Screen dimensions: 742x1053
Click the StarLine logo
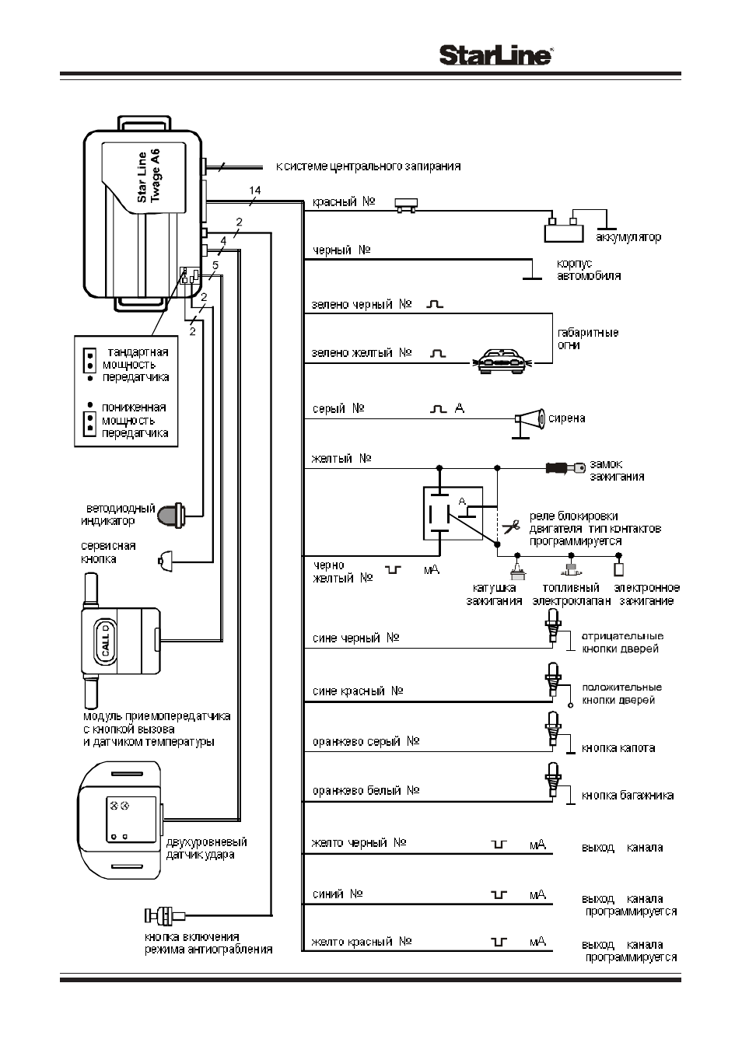pyautogui.click(x=496, y=55)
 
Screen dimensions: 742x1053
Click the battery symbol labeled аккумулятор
pyautogui.click(x=564, y=230)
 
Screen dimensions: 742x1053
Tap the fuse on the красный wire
pyautogui.click(x=406, y=205)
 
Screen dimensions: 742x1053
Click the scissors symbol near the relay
pyautogui.click(x=511, y=526)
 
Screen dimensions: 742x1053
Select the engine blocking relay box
pyautogui.click(x=453, y=513)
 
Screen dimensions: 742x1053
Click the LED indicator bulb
pyautogui.click(x=173, y=515)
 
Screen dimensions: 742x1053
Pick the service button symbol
pyautogui.click(x=165, y=561)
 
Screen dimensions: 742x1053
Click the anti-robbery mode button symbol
pyautogui.click(x=165, y=915)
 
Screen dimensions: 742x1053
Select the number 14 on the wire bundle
pyautogui.click(x=255, y=191)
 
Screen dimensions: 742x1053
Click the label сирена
pyautogui.click(x=566, y=418)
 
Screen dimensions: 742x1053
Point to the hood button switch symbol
pyautogui.click(x=553, y=729)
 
